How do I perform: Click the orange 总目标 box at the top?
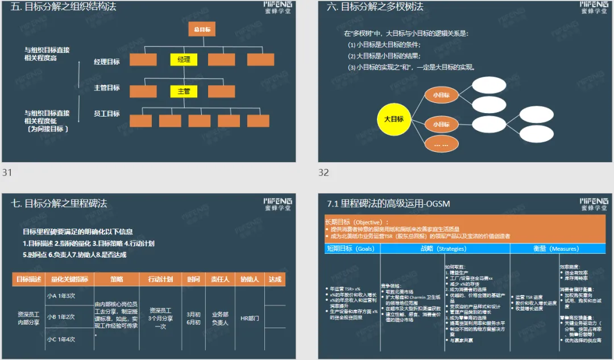202,30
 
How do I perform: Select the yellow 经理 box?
184,59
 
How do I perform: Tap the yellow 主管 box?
184,91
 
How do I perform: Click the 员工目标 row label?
107,114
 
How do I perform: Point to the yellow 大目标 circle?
394,119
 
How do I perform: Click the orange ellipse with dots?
441,144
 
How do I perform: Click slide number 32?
323,172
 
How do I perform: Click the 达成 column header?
275,279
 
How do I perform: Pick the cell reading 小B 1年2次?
61,317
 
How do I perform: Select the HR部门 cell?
250,318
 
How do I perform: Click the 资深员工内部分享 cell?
28,318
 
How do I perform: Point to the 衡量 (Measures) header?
557,249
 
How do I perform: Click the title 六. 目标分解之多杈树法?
375,7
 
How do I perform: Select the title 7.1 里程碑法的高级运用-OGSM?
389,203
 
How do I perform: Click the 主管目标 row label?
107,88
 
